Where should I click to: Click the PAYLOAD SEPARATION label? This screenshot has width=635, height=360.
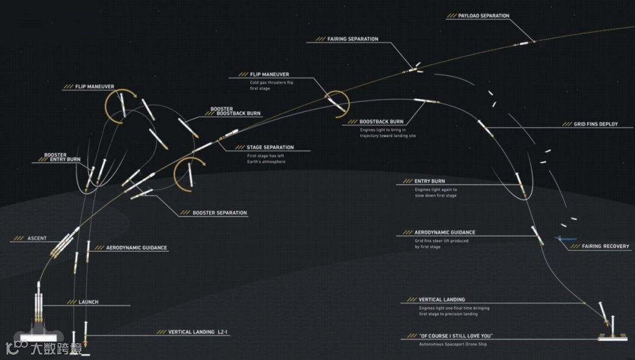click(483, 16)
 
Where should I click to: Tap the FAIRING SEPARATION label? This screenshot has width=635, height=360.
click(353, 39)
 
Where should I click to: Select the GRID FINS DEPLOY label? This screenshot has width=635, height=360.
click(596, 124)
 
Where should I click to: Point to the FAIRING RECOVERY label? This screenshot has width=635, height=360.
click(606, 246)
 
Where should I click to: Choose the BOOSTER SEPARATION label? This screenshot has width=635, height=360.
click(220, 213)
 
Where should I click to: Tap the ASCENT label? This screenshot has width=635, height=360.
click(36, 239)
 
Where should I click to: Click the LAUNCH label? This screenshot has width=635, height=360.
click(88, 302)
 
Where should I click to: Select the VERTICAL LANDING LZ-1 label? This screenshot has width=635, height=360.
click(198, 332)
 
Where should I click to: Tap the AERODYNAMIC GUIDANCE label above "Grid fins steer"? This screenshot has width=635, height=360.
click(444, 233)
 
